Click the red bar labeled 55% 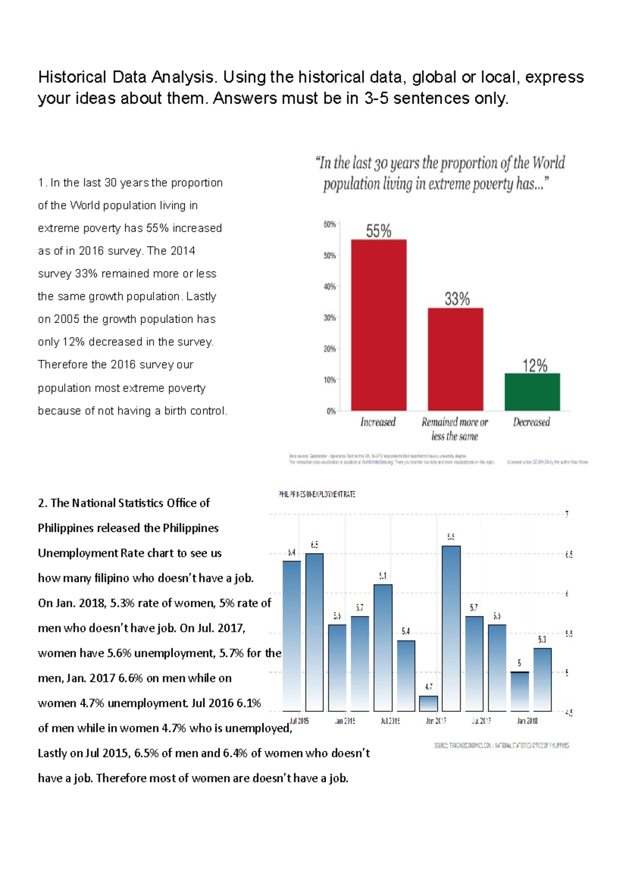tap(378, 325)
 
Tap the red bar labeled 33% tap(455, 359)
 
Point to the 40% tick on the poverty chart tap(329, 286)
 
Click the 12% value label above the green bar tap(535, 366)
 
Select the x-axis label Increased tap(378, 422)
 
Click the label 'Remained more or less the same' tap(454, 429)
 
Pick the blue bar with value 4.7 tap(428, 703)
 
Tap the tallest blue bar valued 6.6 tap(451, 628)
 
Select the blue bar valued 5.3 tap(542, 679)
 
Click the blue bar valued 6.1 tap(383, 648)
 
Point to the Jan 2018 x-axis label tap(527, 721)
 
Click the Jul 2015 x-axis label tap(299, 721)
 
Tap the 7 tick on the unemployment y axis tap(567, 514)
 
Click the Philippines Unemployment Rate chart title tap(317, 494)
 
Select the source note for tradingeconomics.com tap(501, 745)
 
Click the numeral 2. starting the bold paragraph tap(42, 503)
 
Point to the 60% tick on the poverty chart tap(329, 224)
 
